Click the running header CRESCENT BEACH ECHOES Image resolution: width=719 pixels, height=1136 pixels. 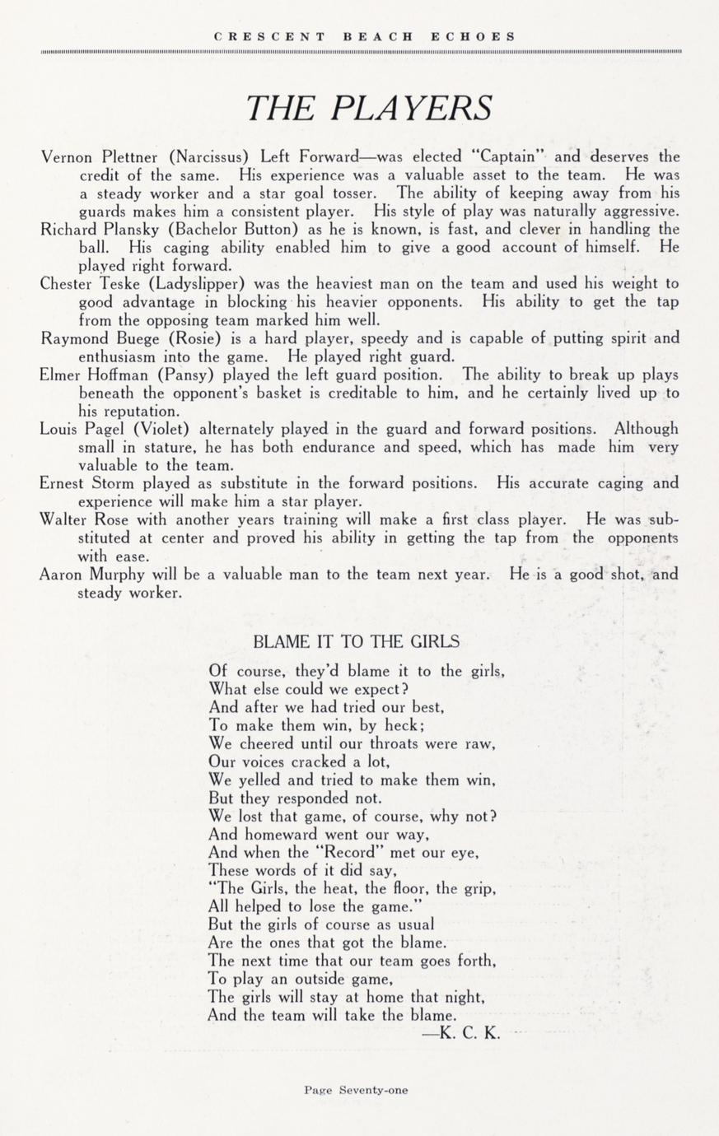tap(365, 36)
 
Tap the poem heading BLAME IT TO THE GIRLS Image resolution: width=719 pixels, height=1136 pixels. tap(356, 642)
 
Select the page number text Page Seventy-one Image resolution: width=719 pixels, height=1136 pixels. tap(356, 1090)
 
